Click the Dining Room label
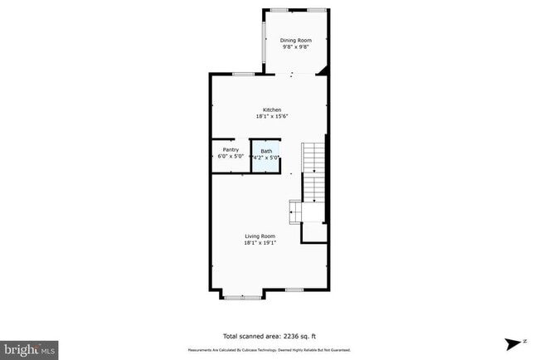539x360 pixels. tap(297, 40)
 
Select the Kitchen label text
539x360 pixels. tap(272, 110)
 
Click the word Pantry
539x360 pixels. tap(231, 150)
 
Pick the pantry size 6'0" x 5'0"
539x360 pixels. tap(231, 157)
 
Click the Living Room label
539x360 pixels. tap(260, 237)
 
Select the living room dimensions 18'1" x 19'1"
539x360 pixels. tap(260, 244)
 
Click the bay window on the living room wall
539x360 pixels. tap(243, 295)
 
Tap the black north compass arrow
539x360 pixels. tap(514, 343)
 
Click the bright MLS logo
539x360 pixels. tap(30, 349)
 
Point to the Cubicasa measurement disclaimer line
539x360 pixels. tap(270, 350)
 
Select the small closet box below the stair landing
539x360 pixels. tap(313, 232)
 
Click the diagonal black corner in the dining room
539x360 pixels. tap(324, 69)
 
